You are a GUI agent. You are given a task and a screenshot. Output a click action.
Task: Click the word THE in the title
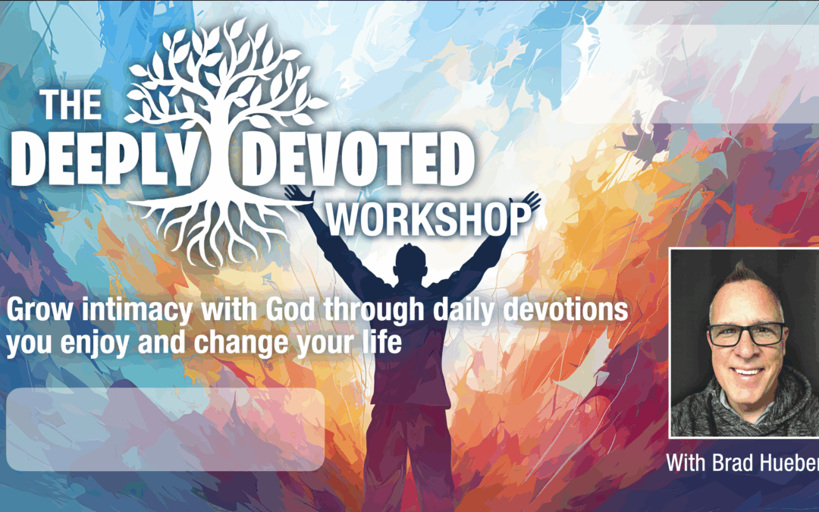point(71,105)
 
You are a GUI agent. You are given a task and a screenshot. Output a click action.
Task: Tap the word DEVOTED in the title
point(359,156)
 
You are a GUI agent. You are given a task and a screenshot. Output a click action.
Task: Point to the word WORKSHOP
point(428,218)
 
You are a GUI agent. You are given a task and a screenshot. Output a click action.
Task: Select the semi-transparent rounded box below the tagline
point(165,429)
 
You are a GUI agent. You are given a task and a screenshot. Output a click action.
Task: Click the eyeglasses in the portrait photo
point(746,335)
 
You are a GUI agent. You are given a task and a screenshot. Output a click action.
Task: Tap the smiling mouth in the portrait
point(748,372)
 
